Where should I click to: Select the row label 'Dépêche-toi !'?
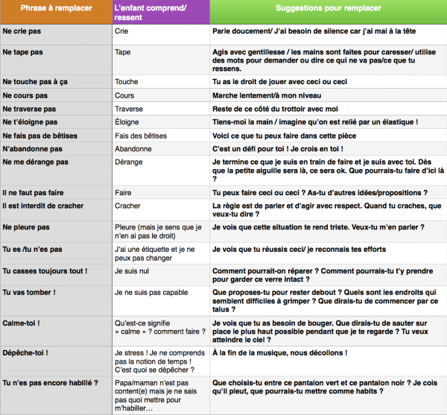click(x=26, y=352)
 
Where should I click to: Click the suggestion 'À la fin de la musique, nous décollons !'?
click(x=280, y=352)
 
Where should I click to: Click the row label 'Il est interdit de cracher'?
click(x=43, y=205)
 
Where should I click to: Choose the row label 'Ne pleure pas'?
click(x=26, y=226)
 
